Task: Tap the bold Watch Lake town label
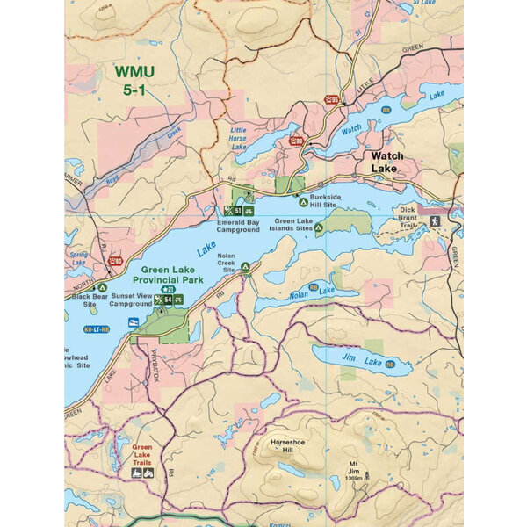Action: [x=385, y=162]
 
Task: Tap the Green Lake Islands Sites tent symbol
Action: [x=319, y=227]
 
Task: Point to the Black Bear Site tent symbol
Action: [x=103, y=287]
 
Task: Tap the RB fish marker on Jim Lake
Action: [x=401, y=360]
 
